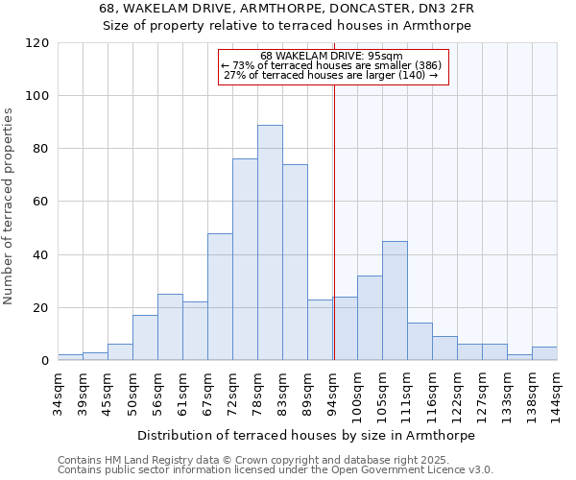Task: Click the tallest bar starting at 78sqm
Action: [x=270, y=243]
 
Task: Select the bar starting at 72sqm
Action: [x=245, y=259]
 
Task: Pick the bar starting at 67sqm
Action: [x=220, y=297]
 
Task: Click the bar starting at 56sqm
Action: [x=170, y=327]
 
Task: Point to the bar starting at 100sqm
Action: [x=370, y=318]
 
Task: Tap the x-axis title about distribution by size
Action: [x=305, y=435]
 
